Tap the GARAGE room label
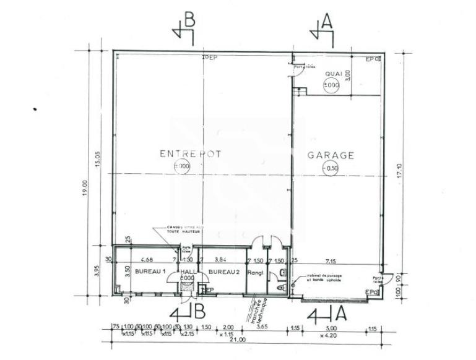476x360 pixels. click(x=331, y=155)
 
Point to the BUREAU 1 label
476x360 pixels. click(x=150, y=272)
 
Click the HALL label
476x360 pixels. click(x=186, y=272)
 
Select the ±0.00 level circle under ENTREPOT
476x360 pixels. click(x=183, y=166)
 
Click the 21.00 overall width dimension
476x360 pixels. click(x=238, y=340)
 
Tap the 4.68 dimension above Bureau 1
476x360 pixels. click(x=147, y=260)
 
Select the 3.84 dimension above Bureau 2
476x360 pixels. click(x=220, y=260)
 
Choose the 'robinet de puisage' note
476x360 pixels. click(x=322, y=279)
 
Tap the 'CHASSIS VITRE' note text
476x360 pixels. click(x=185, y=229)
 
